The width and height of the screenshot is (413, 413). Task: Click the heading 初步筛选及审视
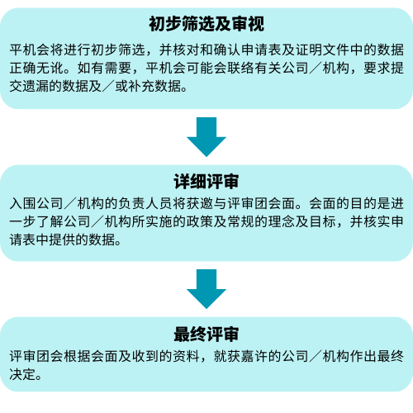206,24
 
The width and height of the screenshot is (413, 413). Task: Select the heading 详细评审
206,182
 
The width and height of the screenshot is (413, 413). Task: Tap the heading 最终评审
206,335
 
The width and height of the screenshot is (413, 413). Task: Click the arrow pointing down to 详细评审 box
206,137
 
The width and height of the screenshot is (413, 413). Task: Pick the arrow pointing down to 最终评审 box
206,289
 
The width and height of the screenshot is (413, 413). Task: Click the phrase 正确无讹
36,68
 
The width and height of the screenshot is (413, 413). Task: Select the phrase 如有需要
104,68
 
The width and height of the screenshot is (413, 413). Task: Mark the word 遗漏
36,86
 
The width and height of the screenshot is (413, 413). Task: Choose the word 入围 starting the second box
23,203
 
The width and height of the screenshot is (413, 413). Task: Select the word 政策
199,221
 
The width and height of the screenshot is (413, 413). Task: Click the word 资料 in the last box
186,356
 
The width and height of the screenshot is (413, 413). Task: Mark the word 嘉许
254,356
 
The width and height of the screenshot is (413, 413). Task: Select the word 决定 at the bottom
23,374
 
